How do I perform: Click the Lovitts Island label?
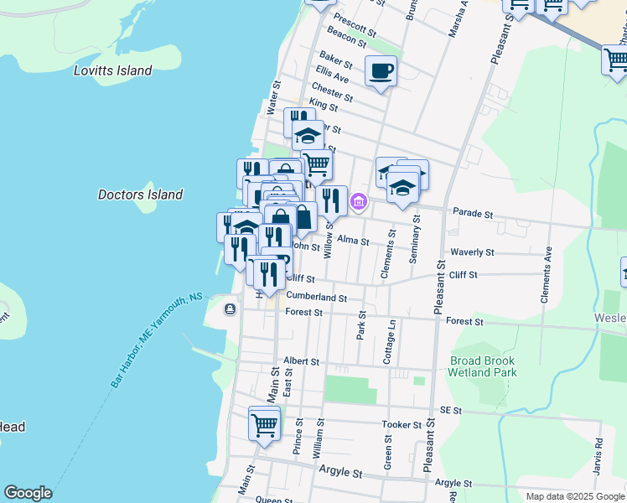[112, 71]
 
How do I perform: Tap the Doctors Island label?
[140, 194]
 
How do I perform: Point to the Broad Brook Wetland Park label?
[483, 366]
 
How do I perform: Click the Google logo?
[28, 493]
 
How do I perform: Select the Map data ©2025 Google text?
[575, 496]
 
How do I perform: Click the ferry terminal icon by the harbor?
[230, 309]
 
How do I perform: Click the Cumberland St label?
[316, 297]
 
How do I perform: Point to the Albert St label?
[302, 361]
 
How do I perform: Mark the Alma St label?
[353, 241]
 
